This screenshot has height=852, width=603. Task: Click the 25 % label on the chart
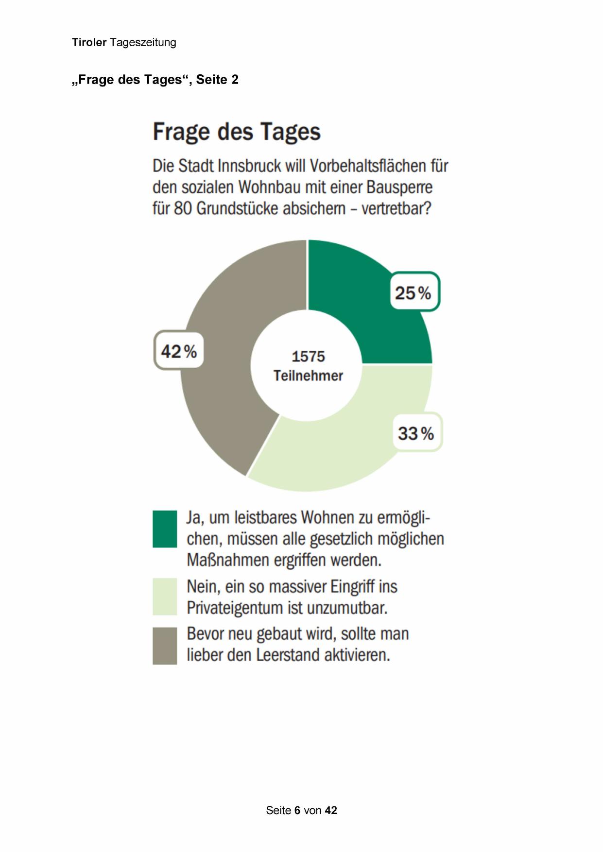pos(414,292)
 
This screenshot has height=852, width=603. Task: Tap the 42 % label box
pos(178,350)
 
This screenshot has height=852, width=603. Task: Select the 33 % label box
pos(416,432)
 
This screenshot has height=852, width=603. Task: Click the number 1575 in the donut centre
pos(308,357)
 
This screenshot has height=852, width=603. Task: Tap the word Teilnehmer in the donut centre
pos(308,375)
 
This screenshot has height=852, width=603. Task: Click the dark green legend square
pos(165,529)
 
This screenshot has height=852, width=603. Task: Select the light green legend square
pos(165,596)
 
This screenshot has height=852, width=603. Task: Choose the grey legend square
pos(165,646)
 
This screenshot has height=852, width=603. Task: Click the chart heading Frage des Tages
pos(237,132)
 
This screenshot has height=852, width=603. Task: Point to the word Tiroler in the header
pos(89,42)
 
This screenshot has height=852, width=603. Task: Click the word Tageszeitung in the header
pos(143,43)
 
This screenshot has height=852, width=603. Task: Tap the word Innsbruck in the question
pos(249,166)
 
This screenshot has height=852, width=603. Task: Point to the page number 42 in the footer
pos(331,810)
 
